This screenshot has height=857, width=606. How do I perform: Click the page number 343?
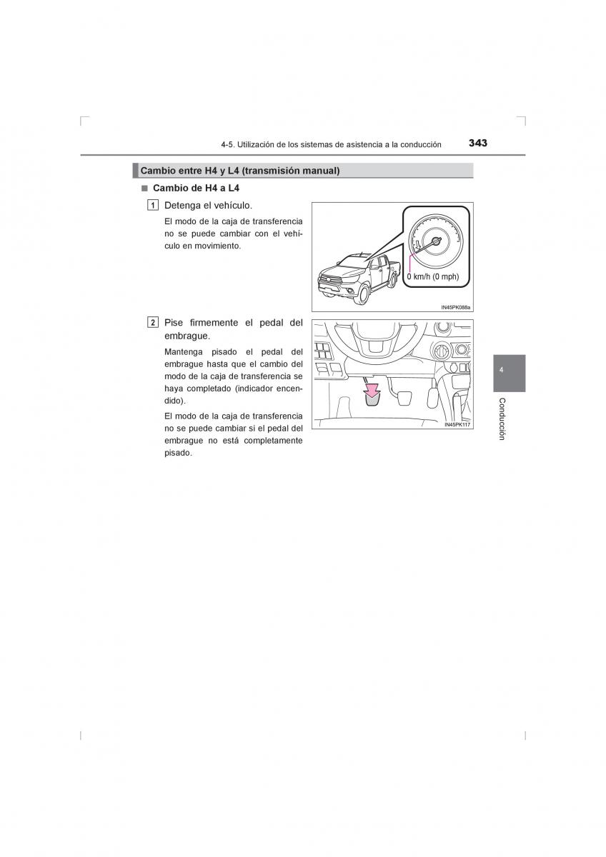[478, 143]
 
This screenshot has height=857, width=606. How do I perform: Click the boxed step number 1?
[152, 206]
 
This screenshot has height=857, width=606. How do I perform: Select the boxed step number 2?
[152, 323]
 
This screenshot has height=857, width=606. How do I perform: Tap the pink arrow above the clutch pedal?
[372, 391]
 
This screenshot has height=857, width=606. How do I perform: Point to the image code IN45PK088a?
[455, 307]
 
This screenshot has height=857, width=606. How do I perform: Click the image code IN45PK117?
[457, 425]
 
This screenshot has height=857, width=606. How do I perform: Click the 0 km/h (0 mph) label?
[432, 276]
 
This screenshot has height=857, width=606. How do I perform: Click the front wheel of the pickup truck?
[363, 294]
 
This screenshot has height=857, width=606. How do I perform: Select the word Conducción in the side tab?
[502, 419]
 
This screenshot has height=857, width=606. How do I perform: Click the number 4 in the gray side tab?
[501, 371]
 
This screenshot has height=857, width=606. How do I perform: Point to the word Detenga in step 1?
[182, 206]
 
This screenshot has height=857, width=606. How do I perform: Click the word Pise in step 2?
[174, 323]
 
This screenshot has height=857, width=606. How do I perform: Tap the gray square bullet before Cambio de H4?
[144, 189]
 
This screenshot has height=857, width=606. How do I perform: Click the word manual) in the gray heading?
[321, 171]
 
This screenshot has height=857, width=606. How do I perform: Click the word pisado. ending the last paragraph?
[178, 453]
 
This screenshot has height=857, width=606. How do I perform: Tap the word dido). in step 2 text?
[175, 401]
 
